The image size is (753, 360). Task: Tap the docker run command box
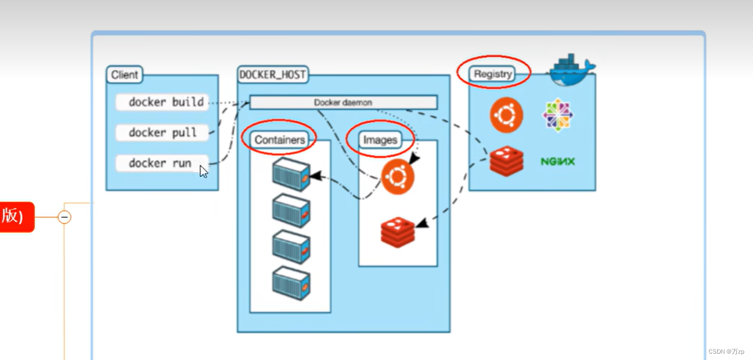(161, 164)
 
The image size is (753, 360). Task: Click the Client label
(124, 75)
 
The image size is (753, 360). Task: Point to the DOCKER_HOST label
(273, 75)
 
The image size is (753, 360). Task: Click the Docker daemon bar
(343, 103)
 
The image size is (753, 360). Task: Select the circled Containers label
(279, 140)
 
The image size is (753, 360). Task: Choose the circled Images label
(380, 140)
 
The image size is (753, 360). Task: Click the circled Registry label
(493, 74)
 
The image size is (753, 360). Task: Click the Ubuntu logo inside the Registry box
(506, 115)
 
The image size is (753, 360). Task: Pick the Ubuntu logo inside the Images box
(398, 177)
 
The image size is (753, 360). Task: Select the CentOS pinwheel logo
(558, 115)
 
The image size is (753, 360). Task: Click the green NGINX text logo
(558, 162)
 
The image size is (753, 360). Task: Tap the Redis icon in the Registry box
(506, 161)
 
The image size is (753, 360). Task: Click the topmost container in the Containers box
(292, 174)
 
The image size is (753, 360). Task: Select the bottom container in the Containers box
(292, 283)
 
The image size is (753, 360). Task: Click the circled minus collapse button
(65, 217)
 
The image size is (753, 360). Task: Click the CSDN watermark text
(726, 351)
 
